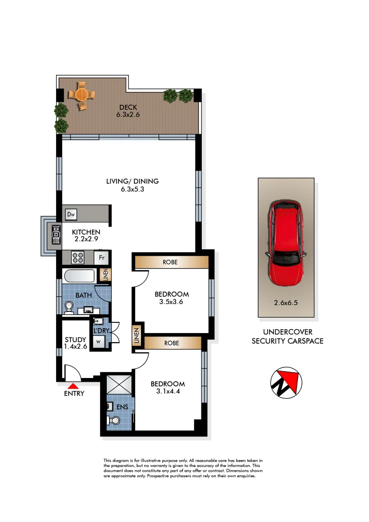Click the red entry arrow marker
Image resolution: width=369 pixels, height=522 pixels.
pos(73,386)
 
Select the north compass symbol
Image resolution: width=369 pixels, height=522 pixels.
pos(286,382)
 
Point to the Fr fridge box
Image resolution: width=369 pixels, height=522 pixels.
pos(102,257)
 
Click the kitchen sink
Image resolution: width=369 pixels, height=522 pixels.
pos(56,234)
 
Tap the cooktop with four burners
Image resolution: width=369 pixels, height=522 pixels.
pos(78,257)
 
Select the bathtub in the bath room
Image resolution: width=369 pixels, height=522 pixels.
pos(80,276)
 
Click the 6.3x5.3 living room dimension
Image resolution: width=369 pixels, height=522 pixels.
pos(132,189)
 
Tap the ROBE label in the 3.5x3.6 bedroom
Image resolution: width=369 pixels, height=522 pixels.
pos(171,262)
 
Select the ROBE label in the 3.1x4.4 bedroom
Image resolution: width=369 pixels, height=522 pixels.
pos(172,343)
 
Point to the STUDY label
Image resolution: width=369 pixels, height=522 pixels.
pos(75,339)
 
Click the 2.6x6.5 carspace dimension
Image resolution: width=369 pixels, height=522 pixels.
pos(286,304)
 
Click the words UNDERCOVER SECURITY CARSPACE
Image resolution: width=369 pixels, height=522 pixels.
pos(287,336)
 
